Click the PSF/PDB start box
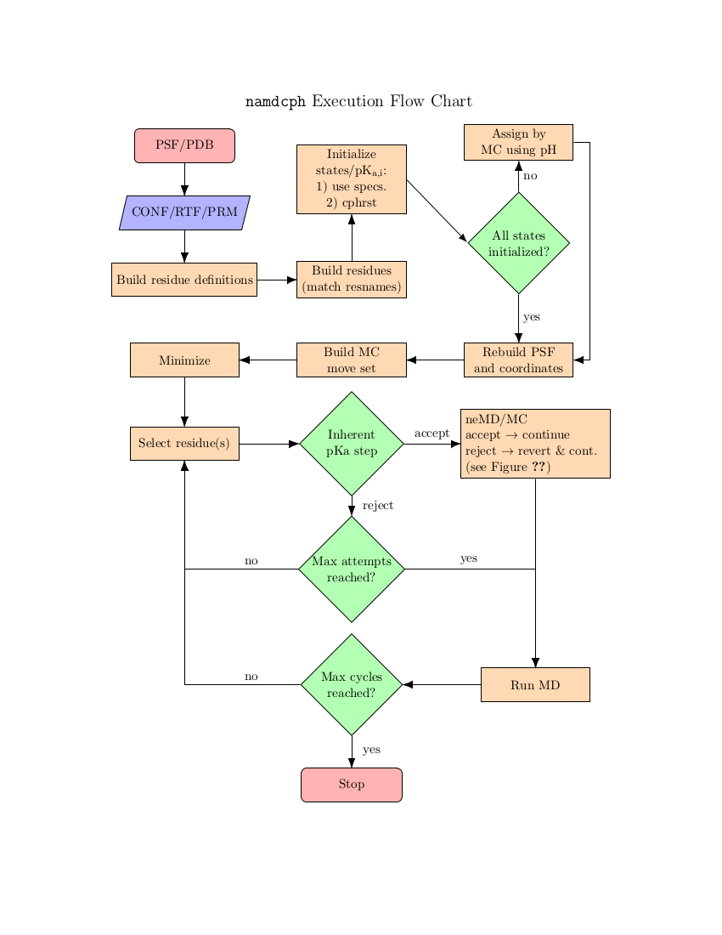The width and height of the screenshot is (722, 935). [x=184, y=145]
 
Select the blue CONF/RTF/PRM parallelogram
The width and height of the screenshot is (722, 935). [x=184, y=212]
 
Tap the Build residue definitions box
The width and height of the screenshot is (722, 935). [x=184, y=280]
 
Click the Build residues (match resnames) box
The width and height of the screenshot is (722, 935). [x=351, y=280]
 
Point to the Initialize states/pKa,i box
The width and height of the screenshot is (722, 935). [x=351, y=178]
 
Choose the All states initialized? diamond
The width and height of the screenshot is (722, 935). [x=518, y=243]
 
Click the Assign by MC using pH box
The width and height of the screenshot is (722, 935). [x=518, y=142]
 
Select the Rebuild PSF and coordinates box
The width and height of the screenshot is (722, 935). [x=518, y=360]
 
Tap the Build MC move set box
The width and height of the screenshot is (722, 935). [x=351, y=360]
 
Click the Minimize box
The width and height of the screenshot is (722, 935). [x=184, y=360]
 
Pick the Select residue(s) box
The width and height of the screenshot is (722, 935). [x=184, y=443]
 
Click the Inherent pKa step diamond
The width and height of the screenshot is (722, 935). [x=351, y=443]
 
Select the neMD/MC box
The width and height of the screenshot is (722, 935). [x=535, y=443]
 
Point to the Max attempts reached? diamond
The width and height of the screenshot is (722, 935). [x=351, y=569]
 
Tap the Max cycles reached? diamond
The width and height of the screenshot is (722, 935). [x=351, y=684]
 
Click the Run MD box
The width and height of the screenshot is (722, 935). [x=535, y=684]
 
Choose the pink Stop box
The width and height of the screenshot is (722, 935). [x=351, y=784]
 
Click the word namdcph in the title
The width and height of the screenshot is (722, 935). [x=275, y=102]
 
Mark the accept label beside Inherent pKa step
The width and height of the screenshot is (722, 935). [x=432, y=433]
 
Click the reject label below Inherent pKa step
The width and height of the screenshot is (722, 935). [x=377, y=506]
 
